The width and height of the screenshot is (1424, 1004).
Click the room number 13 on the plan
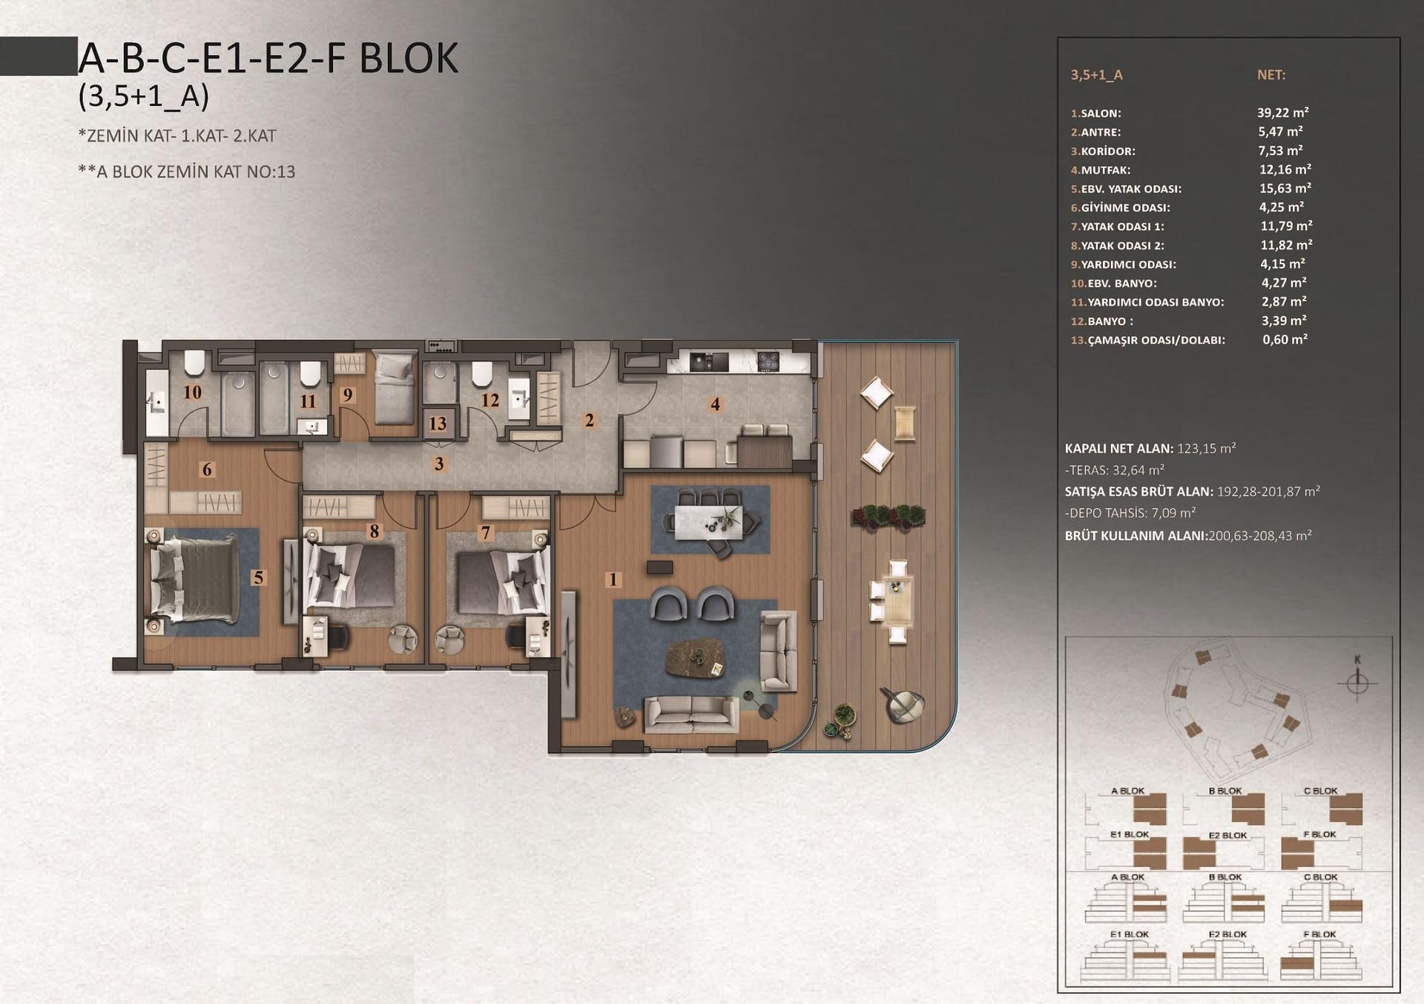click(438, 423)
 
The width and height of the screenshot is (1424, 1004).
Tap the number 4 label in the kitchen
click(715, 404)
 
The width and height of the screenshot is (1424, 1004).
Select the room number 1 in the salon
click(613, 579)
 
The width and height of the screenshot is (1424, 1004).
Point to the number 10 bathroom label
click(192, 392)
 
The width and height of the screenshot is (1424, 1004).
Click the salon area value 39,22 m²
click(1282, 113)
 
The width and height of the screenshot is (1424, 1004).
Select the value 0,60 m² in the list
click(1285, 340)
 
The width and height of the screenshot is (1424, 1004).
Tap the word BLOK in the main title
click(409, 59)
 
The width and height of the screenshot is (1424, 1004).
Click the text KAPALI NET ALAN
click(1118, 449)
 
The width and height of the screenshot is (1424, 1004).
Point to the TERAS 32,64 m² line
click(1115, 470)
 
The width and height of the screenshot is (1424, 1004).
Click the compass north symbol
click(1357, 680)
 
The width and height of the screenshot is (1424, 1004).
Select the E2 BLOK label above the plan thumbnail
click(1227, 836)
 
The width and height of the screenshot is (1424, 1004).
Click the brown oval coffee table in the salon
click(696, 657)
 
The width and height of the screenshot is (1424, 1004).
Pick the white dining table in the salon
click(708, 521)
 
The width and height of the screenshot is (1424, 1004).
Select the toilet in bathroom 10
click(194, 363)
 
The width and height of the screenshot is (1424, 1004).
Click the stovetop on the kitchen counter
click(768, 362)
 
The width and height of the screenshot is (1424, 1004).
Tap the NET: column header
click(1271, 75)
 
